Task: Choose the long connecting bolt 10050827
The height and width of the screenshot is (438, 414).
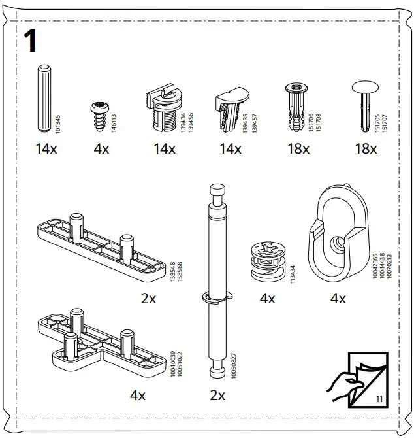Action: click(x=217, y=281)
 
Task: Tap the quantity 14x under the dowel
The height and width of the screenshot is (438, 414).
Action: click(x=46, y=150)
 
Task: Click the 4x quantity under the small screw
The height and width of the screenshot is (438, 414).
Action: click(x=101, y=150)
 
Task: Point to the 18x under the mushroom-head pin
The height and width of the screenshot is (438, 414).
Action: click(x=365, y=150)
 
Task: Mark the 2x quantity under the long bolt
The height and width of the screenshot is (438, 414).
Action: click(x=217, y=396)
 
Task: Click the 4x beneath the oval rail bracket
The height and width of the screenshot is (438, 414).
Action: click(x=338, y=299)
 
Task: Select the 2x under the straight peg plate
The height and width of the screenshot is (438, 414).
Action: click(x=148, y=299)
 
